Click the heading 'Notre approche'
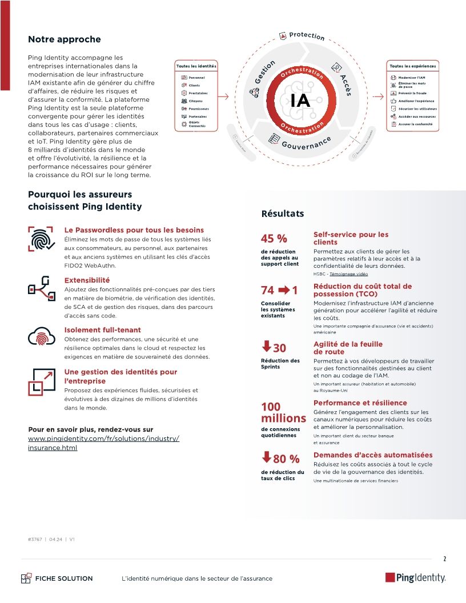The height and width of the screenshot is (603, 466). point(64,39)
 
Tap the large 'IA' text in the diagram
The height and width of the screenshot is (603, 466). point(300,100)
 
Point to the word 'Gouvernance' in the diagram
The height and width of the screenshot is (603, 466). point(306,143)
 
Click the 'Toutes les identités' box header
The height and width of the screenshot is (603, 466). point(196,66)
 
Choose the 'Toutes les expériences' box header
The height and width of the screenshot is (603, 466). point(412,66)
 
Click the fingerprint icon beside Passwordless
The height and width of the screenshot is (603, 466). point(41,239)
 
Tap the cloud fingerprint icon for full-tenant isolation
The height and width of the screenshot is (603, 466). point(41,337)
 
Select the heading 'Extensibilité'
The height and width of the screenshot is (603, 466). point(87,280)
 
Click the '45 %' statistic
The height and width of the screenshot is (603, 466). point(274,239)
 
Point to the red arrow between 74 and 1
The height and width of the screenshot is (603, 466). point(284,290)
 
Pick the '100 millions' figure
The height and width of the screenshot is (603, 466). point(283,413)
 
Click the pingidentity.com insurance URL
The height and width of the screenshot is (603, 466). point(103,443)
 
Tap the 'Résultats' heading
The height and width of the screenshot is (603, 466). point(283,214)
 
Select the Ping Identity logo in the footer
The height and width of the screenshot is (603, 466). point(415,578)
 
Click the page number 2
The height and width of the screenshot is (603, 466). point(444,558)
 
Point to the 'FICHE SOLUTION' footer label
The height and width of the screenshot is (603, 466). point(63,578)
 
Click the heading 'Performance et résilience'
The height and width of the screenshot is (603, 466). point(360,403)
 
